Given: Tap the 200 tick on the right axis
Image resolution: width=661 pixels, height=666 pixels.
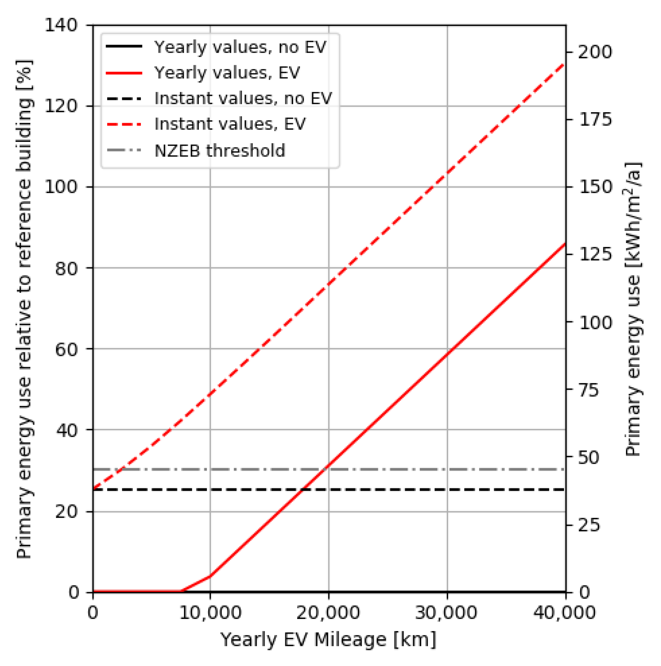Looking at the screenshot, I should tap(595, 52).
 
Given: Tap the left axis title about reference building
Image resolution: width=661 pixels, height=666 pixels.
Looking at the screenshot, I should tap(25, 309).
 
